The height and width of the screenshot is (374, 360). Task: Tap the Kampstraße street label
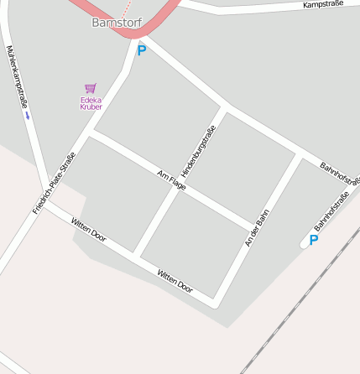tap(323, 6)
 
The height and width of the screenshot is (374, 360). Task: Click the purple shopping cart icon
tap(91, 87)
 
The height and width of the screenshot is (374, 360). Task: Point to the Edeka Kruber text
tap(91, 103)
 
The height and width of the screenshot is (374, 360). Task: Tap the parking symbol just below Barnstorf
tap(142, 50)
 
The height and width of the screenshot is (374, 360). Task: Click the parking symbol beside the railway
tap(314, 240)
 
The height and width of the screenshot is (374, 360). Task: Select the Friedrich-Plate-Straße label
tap(55, 182)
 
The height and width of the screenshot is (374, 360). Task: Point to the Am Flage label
tap(171, 179)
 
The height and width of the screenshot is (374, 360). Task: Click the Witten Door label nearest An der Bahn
tap(175, 281)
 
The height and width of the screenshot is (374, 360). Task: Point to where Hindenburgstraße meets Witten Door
tap(135, 252)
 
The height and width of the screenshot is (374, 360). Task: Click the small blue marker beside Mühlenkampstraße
tap(29, 117)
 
